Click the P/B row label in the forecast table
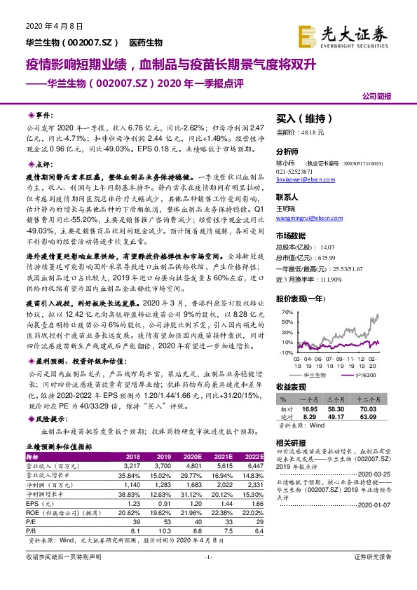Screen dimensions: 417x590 pos(30,532)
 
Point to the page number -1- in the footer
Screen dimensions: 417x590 pos(208,575)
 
